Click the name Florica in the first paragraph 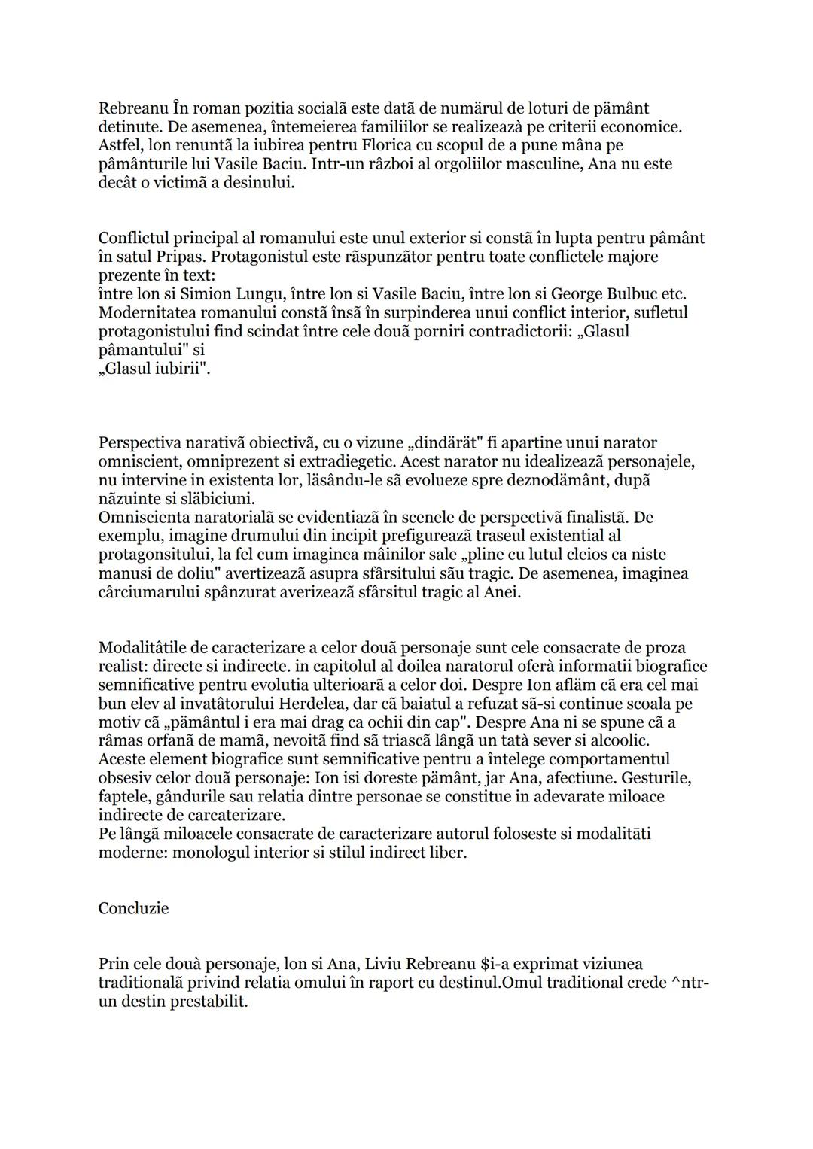click(387, 145)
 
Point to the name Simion click(205, 294)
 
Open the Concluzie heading click(133, 909)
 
